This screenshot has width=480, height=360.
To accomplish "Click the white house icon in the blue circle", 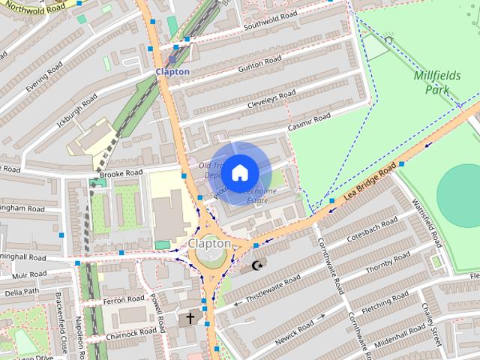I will pyautogui.click(x=238, y=172).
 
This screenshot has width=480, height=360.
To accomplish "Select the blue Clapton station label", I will pyautogui.click(x=172, y=71).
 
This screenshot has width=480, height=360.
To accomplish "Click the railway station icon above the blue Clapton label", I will pyautogui.click(x=172, y=58).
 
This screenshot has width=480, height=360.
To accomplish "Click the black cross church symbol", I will pyautogui.click(x=190, y=318).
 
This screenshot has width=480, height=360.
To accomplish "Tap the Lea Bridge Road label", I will pyautogui.click(x=370, y=184).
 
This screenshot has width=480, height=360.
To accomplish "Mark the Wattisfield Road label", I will pyautogui.click(x=425, y=222).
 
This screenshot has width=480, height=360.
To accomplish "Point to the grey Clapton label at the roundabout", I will pyautogui.click(x=209, y=244).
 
